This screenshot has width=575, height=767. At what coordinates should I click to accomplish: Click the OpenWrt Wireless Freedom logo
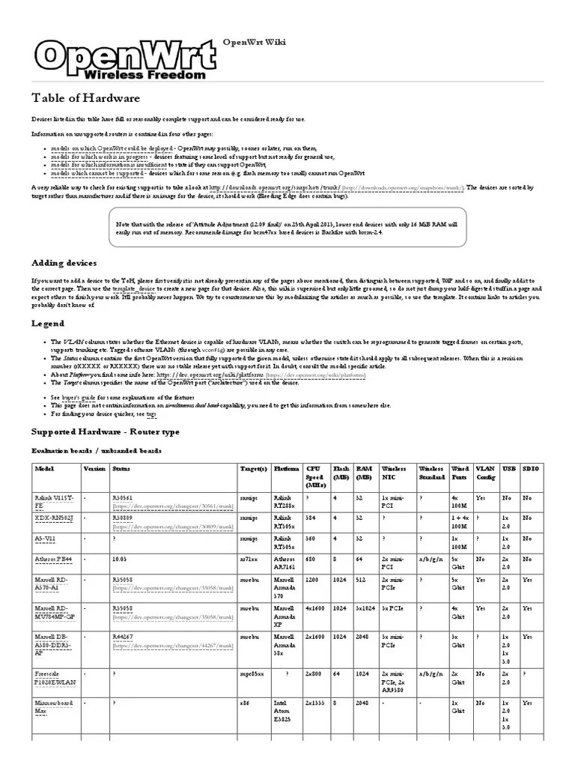click(119, 60)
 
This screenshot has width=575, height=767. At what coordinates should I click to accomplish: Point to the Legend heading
click(46, 324)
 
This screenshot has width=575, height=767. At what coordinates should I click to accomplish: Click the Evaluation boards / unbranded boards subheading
click(95, 451)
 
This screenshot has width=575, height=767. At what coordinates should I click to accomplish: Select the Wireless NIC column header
click(394, 473)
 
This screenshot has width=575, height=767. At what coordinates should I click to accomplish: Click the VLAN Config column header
click(485, 473)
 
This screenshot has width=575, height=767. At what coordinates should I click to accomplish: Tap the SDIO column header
click(530, 468)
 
